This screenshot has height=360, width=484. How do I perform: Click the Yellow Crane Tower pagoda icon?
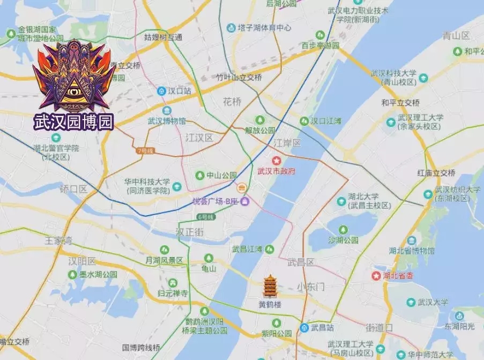pyautogui.click(x=270, y=287)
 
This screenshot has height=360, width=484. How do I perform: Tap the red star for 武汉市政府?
pyautogui.click(x=277, y=160)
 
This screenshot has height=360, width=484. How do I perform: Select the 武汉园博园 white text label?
pyautogui.click(x=74, y=121)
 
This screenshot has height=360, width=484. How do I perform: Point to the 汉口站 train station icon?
pyautogui.click(x=161, y=91)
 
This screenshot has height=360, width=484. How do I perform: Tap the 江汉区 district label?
pyautogui.click(x=199, y=138)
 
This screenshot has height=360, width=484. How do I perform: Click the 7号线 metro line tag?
pyautogui.click(x=144, y=151)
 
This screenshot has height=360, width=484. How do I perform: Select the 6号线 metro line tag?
pyautogui.click(x=205, y=217)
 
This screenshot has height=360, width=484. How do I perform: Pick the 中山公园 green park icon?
pyautogui.click(x=200, y=175)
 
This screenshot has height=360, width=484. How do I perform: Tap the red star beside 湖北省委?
pyautogui.click(x=376, y=276)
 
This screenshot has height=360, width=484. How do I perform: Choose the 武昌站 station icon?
pyautogui.click(x=304, y=328)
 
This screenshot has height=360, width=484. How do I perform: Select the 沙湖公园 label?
pyautogui.click(x=344, y=240)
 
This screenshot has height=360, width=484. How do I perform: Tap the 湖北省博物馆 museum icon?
pyautogui.click(x=411, y=240)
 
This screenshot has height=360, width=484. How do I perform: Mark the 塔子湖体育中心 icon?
pyautogui.click(x=231, y=27)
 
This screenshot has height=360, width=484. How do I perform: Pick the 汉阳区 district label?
pyautogui.click(x=82, y=261)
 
